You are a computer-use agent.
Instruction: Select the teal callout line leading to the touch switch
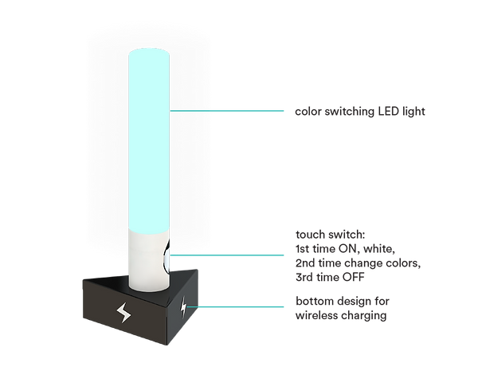(231, 255)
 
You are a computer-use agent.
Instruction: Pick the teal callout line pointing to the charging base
(243, 306)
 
